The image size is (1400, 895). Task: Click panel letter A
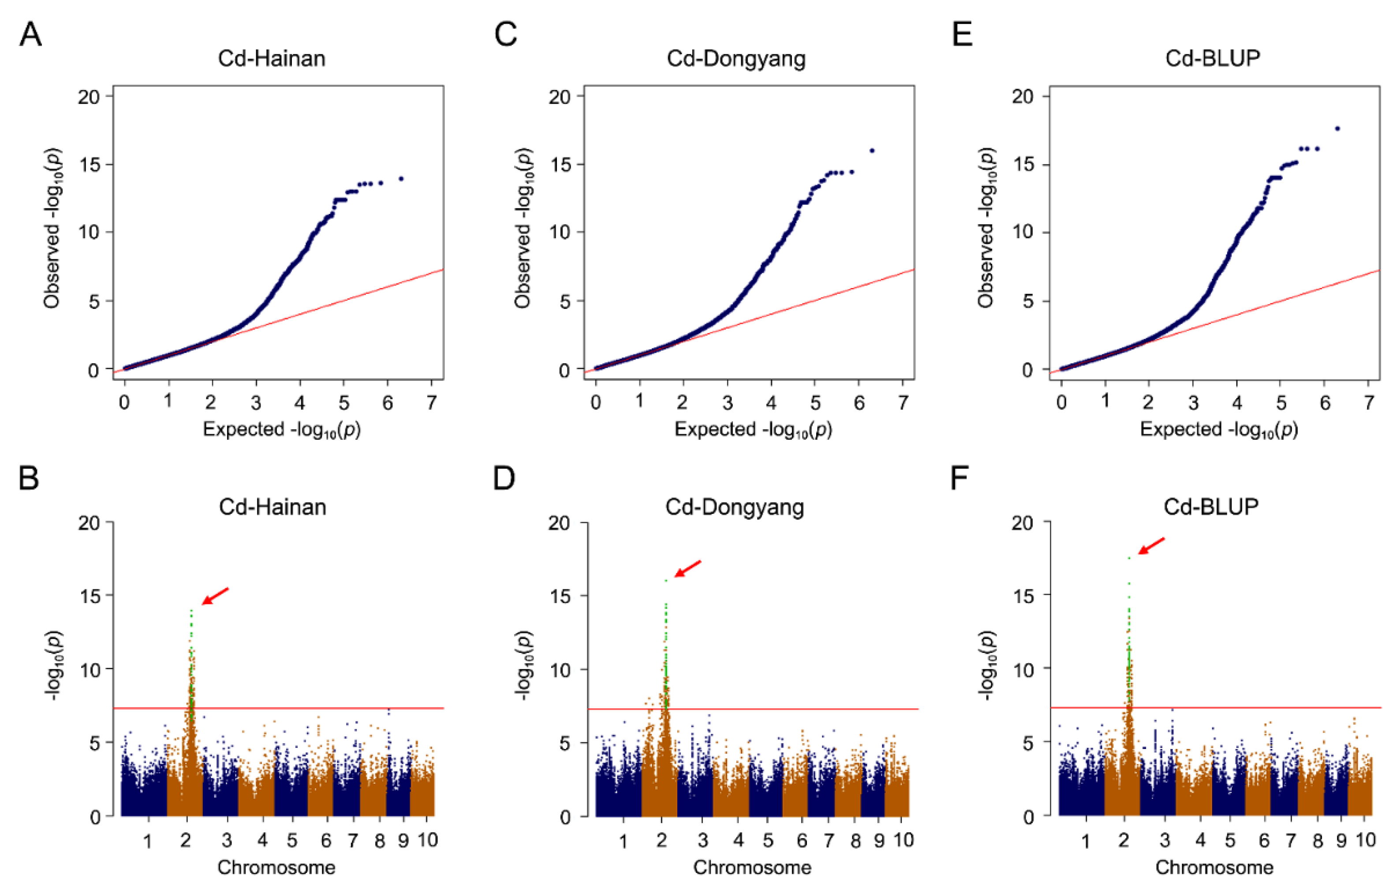click(x=30, y=34)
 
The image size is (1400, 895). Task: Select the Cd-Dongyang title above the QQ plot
click(x=736, y=59)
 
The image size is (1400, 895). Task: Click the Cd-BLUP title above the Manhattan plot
click(x=1211, y=506)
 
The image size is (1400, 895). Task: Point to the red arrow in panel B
click(x=215, y=596)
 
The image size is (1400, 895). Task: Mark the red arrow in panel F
click(x=1151, y=546)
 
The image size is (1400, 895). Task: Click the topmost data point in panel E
click(x=1337, y=128)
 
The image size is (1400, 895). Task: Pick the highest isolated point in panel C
click(x=871, y=150)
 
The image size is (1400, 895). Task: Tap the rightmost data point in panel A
click(x=400, y=179)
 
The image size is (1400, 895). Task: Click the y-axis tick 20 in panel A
click(x=89, y=97)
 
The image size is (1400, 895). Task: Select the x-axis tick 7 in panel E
click(x=1369, y=402)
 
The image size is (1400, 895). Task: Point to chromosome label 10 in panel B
click(x=427, y=840)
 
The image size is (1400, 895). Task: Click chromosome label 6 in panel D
click(x=802, y=841)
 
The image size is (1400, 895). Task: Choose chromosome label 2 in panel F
click(x=1123, y=841)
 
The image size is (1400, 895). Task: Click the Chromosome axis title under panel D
click(x=752, y=868)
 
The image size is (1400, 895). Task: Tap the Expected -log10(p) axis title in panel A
click(x=281, y=430)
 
